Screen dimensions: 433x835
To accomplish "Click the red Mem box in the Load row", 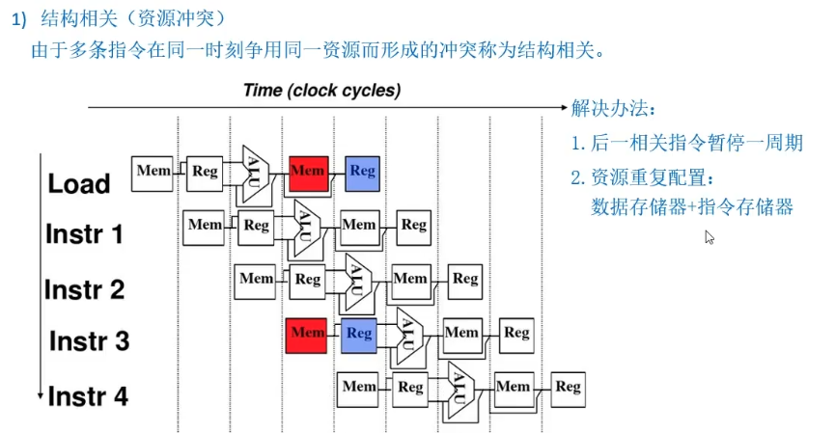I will pos(308,173).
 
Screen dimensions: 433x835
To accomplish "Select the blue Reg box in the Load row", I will pos(362,173).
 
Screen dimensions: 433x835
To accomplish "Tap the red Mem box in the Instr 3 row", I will pos(307,334).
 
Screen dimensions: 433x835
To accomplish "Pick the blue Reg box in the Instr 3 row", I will pos(359,334).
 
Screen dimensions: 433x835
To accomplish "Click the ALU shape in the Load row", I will pos(255,173).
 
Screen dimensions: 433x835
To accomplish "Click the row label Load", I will pos(79,183).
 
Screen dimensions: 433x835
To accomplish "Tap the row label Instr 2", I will pos(84,288).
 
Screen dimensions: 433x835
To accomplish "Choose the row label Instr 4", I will pos(87,395).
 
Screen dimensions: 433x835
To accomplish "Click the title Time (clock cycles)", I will pos(321,91).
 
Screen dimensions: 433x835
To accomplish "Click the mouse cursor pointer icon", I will pos(710,237).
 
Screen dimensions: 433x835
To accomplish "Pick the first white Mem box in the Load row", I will pos(153,172).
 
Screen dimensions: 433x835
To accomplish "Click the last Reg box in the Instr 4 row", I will pos(568,387).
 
